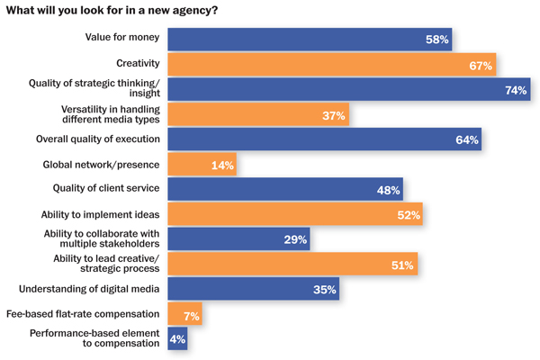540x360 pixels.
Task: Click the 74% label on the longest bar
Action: click(x=516, y=90)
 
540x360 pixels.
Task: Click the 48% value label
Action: click(x=389, y=190)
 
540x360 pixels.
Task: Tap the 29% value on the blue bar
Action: click(x=295, y=240)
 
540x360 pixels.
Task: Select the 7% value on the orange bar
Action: click(x=192, y=315)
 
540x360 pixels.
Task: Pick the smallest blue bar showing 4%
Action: click(x=176, y=339)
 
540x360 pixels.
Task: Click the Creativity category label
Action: click(x=138, y=63)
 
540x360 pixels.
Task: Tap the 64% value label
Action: click(x=466, y=140)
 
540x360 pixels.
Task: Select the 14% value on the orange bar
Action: click(x=222, y=166)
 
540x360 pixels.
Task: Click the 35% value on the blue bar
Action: click(x=325, y=290)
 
